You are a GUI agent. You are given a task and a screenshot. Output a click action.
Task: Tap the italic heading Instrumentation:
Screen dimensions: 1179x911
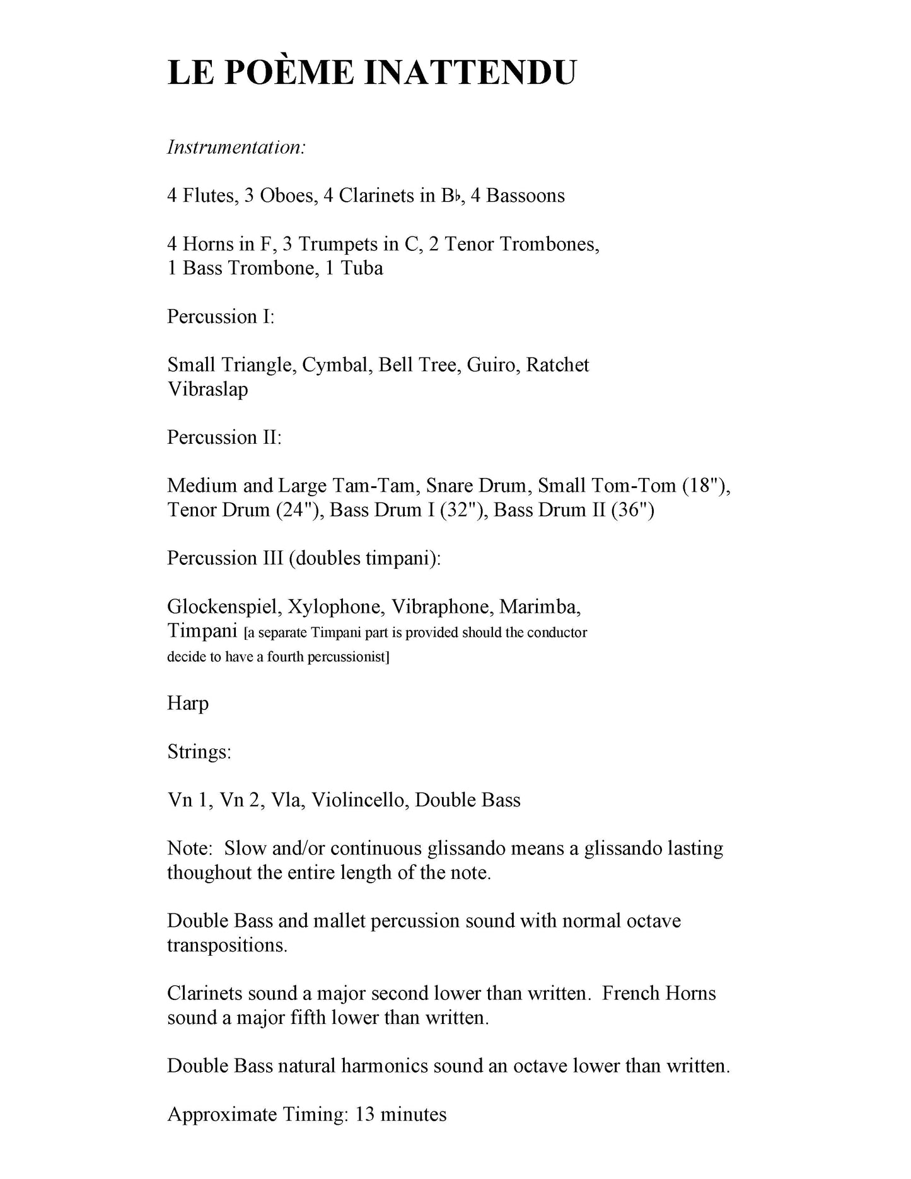coord(236,148)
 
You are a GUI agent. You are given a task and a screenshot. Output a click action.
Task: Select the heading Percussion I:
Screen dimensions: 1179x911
coord(221,317)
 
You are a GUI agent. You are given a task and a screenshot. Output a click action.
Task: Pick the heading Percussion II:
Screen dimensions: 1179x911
coord(224,438)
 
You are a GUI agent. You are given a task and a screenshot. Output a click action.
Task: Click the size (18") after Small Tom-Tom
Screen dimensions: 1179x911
coord(706,486)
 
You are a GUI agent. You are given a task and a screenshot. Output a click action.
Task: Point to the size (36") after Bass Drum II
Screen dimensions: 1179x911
coord(632,510)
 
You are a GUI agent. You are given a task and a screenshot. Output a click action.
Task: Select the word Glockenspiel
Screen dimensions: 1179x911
coord(222,607)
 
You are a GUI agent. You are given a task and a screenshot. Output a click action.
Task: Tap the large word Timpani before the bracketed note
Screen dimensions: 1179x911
coord(202,630)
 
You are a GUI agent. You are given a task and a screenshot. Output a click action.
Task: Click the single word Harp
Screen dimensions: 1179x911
coord(188,704)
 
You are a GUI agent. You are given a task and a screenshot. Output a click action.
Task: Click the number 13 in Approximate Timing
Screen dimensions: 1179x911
coord(366,1114)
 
